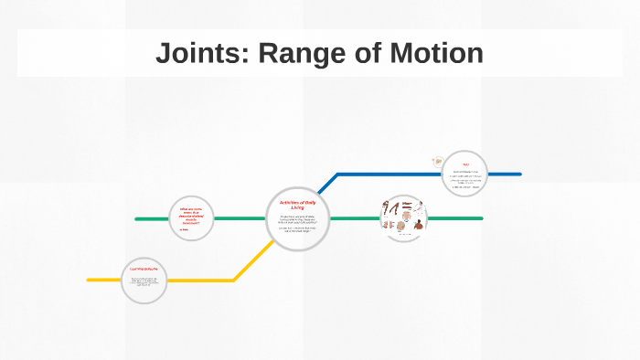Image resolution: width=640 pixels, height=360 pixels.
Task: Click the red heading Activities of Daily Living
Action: (x=297, y=206)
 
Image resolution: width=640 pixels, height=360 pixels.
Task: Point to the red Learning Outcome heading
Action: (x=144, y=269)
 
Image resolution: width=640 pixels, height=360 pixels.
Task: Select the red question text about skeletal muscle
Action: (x=191, y=217)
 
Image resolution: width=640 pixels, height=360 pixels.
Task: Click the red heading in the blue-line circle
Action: (x=453, y=164)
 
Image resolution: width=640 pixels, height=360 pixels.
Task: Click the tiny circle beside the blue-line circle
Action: (x=436, y=163)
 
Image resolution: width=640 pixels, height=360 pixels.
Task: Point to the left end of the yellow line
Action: (x=90, y=280)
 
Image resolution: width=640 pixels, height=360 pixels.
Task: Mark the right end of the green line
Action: (x=481, y=218)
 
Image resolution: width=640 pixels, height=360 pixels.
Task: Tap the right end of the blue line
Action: (x=519, y=174)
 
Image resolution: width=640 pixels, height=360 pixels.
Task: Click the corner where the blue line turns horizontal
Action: (x=338, y=174)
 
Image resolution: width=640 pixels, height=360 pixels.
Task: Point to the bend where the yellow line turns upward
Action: (x=234, y=279)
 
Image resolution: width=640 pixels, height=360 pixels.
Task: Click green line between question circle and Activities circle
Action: (x=240, y=219)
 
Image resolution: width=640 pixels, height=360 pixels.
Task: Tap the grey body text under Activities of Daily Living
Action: (x=297, y=224)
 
